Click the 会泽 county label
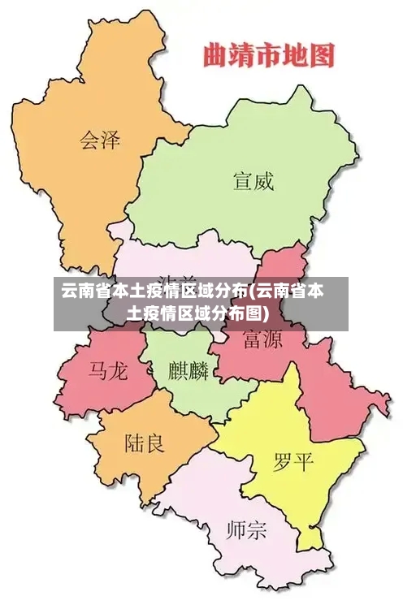[x=99, y=139]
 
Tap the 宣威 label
[x=253, y=180]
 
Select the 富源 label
[x=262, y=339]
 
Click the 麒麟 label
[x=188, y=371]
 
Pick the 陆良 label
[x=144, y=443]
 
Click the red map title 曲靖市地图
[x=268, y=56]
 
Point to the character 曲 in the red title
[x=214, y=56]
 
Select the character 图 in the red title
[x=323, y=56]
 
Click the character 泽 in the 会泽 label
[x=110, y=139]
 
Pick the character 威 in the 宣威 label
[x=263, y=180]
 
